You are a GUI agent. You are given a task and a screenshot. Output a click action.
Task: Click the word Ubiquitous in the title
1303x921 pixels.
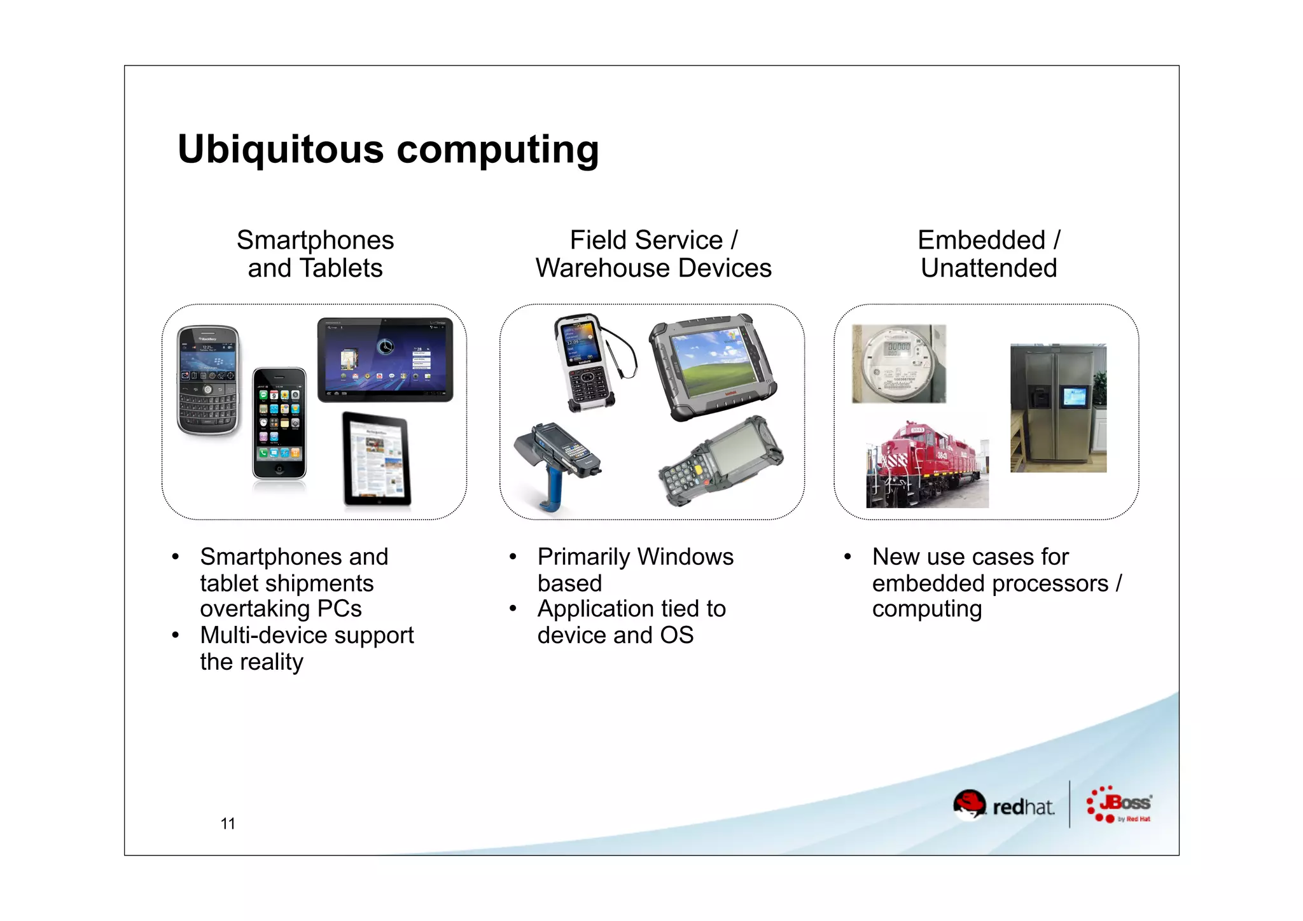pyautogui.click(x=280, y=149)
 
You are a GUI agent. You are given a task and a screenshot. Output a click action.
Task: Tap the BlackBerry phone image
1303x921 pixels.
pyautogui.click(x=209, y=380)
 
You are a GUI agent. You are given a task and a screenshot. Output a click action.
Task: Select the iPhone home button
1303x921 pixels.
pyautogui.click(x=279, y=469)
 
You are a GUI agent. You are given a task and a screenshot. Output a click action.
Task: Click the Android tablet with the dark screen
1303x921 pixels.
pyautogui.click(x=385, y=359)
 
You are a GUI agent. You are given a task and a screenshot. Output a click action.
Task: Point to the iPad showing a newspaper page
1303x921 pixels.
pyautogui.click(x=377, y=459)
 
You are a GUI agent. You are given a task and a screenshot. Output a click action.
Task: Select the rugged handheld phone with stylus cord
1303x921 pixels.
pyautogui.click(x=585, y=363)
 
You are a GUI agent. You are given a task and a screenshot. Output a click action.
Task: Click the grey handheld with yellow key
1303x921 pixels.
pyautogui.click(x=722, y=461)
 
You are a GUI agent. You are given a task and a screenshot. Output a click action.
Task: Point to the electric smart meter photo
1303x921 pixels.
pyautogui.click(x=898, y=364)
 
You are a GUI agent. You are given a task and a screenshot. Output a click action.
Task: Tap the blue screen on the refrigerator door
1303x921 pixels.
pyautogui.click(x=1074, y=398)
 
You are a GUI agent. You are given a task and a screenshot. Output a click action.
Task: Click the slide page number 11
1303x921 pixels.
pyautogui.click(x=228, y=824)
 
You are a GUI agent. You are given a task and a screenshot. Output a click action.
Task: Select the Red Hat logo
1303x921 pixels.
pyautogui.click(x=1003, y=805)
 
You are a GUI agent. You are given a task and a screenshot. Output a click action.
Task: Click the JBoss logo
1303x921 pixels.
pyautogui.click(x=1120, y=805)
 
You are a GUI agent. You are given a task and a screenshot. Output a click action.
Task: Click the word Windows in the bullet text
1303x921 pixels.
pyautogui.click(x=685, y=557)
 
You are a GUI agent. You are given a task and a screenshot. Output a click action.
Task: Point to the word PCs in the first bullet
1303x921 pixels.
pyautogui.click(x=339, y=609)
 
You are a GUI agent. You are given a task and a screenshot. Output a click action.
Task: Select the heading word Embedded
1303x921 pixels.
pyautogui.click(x=981, y=240)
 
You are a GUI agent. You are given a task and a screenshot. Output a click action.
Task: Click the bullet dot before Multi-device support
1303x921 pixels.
pyautogui.click(x=175, y=635)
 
